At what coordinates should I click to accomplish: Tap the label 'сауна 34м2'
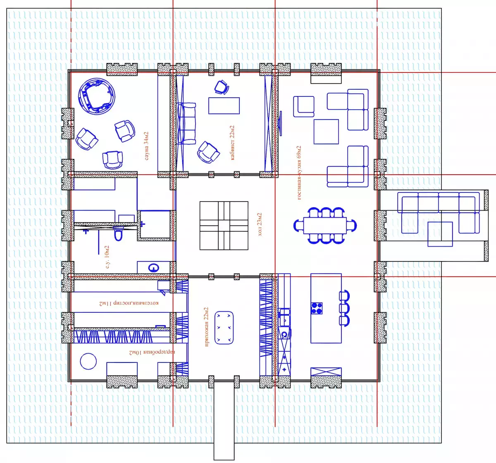pos(147,146)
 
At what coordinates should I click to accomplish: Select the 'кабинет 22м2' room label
pos(232,143)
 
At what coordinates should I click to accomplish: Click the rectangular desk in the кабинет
pos(224,106)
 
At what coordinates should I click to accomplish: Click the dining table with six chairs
pos(325,226)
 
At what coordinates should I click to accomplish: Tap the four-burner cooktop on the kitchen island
pos(317,308)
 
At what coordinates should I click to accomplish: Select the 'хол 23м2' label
pos(260,224)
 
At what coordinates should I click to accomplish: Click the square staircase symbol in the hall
pos(224,226)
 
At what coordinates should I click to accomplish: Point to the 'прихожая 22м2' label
pos(206,327)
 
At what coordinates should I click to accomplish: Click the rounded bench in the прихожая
pos(224,328)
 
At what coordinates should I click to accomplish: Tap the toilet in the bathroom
pos(118,234)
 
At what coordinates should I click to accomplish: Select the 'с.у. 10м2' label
pos(107,257)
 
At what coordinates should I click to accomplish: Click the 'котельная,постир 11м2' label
pos(129,303)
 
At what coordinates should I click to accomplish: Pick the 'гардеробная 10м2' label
pos(152,353)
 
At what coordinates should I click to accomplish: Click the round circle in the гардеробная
pos(88,361)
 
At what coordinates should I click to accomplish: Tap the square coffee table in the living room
pos(326,132)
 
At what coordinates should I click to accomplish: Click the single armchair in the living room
pos(304,107)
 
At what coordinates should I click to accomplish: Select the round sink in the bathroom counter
pos(154,268)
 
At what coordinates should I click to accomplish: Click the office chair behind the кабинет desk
pos(222,87)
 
